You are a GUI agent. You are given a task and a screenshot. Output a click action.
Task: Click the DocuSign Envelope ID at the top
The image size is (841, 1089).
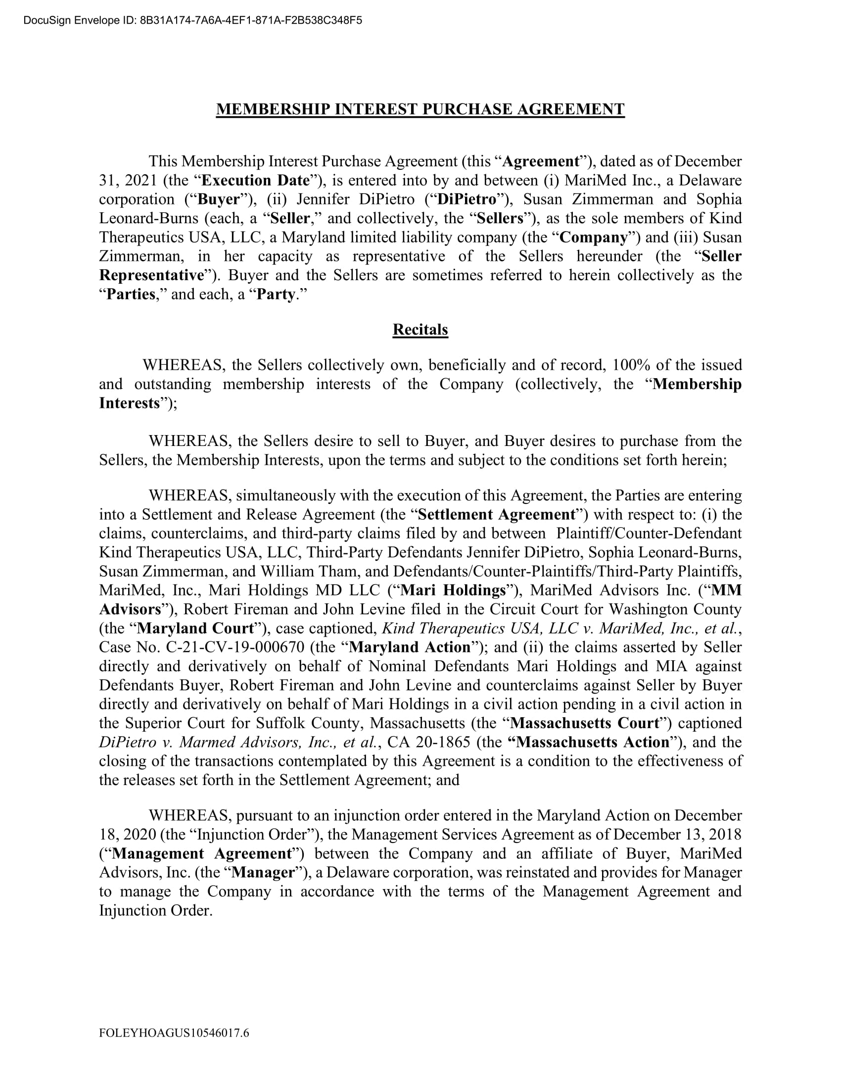[x=192, y=20]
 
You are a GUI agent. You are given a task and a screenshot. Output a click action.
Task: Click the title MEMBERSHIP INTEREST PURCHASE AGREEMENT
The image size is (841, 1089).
[x=420, y=109]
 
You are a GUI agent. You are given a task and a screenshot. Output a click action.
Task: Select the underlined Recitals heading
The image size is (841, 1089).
[x=420, y=330]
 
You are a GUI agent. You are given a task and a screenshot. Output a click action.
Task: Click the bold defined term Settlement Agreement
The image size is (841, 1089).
[x=497, y=515]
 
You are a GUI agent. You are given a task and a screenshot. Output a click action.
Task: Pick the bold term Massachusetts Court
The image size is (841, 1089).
[x=585, y=723]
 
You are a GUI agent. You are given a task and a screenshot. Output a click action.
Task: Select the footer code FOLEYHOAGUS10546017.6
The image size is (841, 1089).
[x=174, y=1033]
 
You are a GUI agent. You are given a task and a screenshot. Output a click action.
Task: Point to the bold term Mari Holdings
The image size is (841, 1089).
[x=453, y=591]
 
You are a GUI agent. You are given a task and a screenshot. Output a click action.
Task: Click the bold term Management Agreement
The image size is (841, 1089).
[x=202, y=854]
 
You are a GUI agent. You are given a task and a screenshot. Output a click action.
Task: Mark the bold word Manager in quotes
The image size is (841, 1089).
[x=264, y=873]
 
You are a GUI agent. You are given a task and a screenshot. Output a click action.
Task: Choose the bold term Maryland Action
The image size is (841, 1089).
[x=410, y=647]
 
